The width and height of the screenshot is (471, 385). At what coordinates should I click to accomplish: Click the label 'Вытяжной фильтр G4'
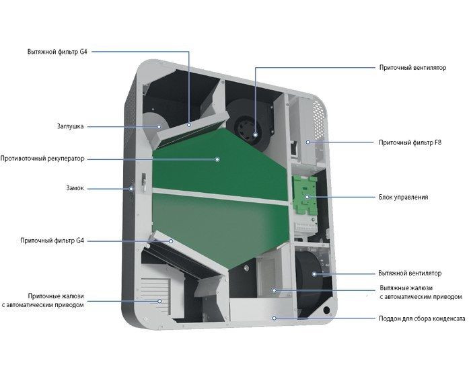point(58,51)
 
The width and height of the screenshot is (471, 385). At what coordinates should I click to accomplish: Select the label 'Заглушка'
point(71,126)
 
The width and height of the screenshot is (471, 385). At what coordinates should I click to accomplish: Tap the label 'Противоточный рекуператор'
point(43,159)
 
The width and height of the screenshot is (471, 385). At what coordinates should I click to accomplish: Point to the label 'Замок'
point(75,189)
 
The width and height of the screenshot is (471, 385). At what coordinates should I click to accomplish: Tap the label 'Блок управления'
point(403,198)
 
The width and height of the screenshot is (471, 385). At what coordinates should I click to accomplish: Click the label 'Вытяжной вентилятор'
point(410,273)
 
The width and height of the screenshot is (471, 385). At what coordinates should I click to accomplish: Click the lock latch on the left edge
point(143,182)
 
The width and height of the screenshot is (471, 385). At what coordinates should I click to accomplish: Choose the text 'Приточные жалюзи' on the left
point(57,295)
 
